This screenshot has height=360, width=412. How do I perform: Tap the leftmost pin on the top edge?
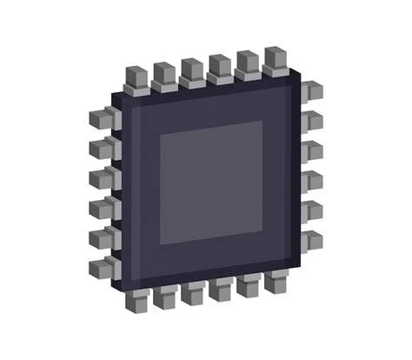tap(137, 78)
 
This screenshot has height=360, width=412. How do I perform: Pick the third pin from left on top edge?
tap(192, 71)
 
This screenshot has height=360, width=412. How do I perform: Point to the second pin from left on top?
tap(164, 75)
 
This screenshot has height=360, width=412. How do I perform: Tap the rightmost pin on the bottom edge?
tap(277, 283)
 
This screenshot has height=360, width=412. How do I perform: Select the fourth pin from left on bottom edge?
tap(221, 290)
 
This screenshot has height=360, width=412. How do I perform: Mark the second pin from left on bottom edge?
tap(165, 297)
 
